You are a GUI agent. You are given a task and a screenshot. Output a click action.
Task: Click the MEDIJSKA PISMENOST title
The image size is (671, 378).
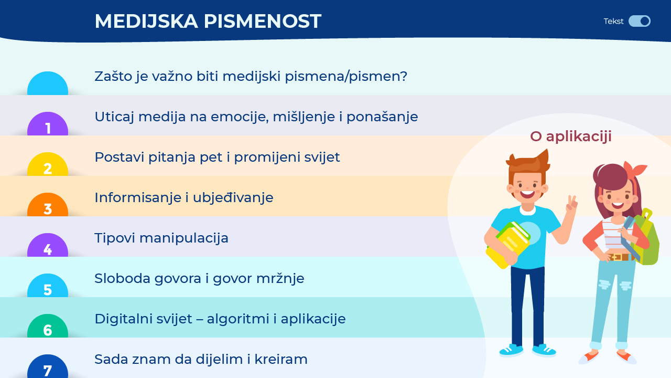tap(208, 22)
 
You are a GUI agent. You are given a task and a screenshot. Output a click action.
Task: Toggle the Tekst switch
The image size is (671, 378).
tap(639, 22)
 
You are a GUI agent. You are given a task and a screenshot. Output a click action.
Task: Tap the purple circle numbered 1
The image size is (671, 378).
tap(48, 123)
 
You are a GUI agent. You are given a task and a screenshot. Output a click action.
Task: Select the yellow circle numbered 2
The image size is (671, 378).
tap(48, 164)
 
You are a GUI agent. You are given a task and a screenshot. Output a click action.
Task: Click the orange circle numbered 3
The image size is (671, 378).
tap(48, 205)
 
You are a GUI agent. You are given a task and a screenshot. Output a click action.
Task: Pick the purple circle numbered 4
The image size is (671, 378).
tap(48, 245)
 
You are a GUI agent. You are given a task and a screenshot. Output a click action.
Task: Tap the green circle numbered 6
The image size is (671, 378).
tap(48, 326)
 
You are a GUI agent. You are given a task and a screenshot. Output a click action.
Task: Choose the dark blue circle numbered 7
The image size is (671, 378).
tap(48, 366)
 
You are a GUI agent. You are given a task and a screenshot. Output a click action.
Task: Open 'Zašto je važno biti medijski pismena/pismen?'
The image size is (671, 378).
tap(251, 77)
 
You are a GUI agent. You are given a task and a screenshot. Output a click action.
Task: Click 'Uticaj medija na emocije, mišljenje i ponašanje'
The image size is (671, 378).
tap(256, 117)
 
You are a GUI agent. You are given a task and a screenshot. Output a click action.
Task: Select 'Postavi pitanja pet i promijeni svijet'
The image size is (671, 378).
tap(217, 157)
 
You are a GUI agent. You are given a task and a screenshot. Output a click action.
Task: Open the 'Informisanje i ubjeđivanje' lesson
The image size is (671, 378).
tap(184, 198)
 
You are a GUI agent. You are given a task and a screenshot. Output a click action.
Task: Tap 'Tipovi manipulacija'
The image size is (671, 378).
tap(161, 238)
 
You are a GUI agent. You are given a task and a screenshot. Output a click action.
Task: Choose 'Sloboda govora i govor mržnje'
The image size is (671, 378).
tap(200, 279)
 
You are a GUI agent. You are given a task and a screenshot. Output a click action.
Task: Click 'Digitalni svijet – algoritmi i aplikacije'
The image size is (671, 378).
tap(220, 319)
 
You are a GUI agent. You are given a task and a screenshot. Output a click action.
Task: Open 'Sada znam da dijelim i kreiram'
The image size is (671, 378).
tap(201, 360)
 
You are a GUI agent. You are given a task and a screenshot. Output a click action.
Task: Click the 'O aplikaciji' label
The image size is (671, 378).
tap(571, 137)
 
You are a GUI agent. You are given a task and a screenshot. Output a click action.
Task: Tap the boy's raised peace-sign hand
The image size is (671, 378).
tap(571, 204)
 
